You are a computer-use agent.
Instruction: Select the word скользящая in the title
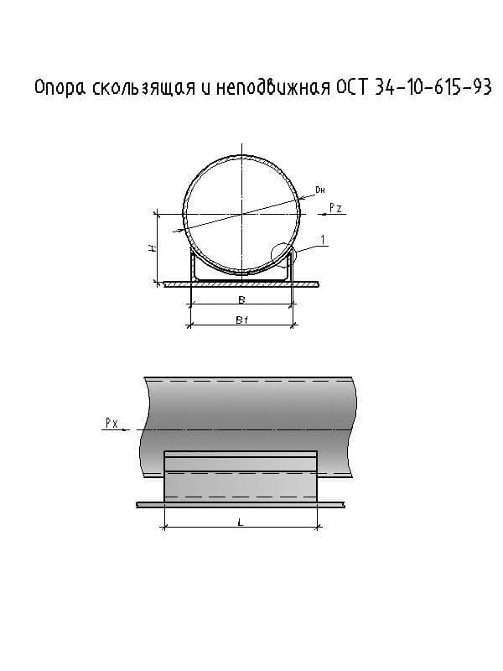[x=143, y=87]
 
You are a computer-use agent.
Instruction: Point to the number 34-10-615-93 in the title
[x=433, y=87]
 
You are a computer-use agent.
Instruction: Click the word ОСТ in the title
[x=351, y=87]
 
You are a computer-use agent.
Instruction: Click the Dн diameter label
[x=320, y=190]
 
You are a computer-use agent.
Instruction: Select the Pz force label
[x=336, y=208]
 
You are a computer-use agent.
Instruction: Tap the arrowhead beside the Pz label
[x=324, y=214]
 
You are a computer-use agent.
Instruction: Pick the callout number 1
[x=323, y=240]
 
